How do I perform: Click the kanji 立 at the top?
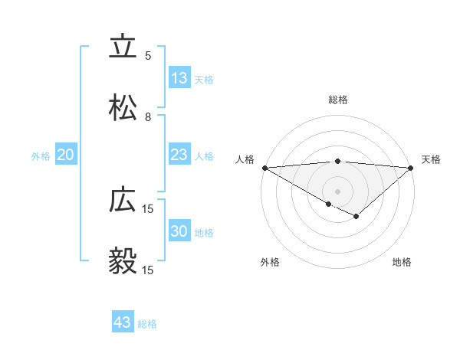[123, 47]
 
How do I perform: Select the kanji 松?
[123, 108]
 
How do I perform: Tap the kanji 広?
[123, 200]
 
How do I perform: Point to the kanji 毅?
[123, 261]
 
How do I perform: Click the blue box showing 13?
[179, 78]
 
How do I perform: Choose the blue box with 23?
[179, 155]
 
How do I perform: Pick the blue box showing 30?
[179, 231]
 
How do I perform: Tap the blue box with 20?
[65, 155]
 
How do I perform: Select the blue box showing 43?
[122, 322]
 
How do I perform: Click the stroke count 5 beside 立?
[148, 55]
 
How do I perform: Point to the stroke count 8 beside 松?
[148, 116]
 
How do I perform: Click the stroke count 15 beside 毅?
[148, 270]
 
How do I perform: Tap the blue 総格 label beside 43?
[147, 324]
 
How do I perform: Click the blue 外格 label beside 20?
[41, 155]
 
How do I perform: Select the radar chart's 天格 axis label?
[431, 159]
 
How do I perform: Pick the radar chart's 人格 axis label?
[245, 159]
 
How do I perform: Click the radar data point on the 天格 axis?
[411, 168]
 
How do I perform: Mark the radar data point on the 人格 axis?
[264, 168]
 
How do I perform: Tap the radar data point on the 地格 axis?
[356, 217]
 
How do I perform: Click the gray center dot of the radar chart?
[337, 191]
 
